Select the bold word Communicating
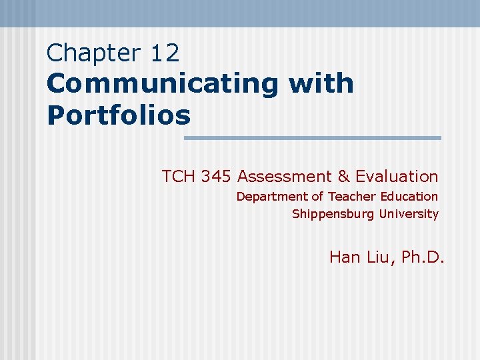(x=162, y=84)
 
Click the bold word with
(x=321, y=84)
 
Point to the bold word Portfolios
(x=119, y=115)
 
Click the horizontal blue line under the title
(x=312, y=138)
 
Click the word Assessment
(x=285, y=177)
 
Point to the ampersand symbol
(x=343, y=177)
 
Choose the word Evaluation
(x=397, y=177)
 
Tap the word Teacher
(x=353, y=197)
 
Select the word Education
(x=409, y=197)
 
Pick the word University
(x=409, y=215)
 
